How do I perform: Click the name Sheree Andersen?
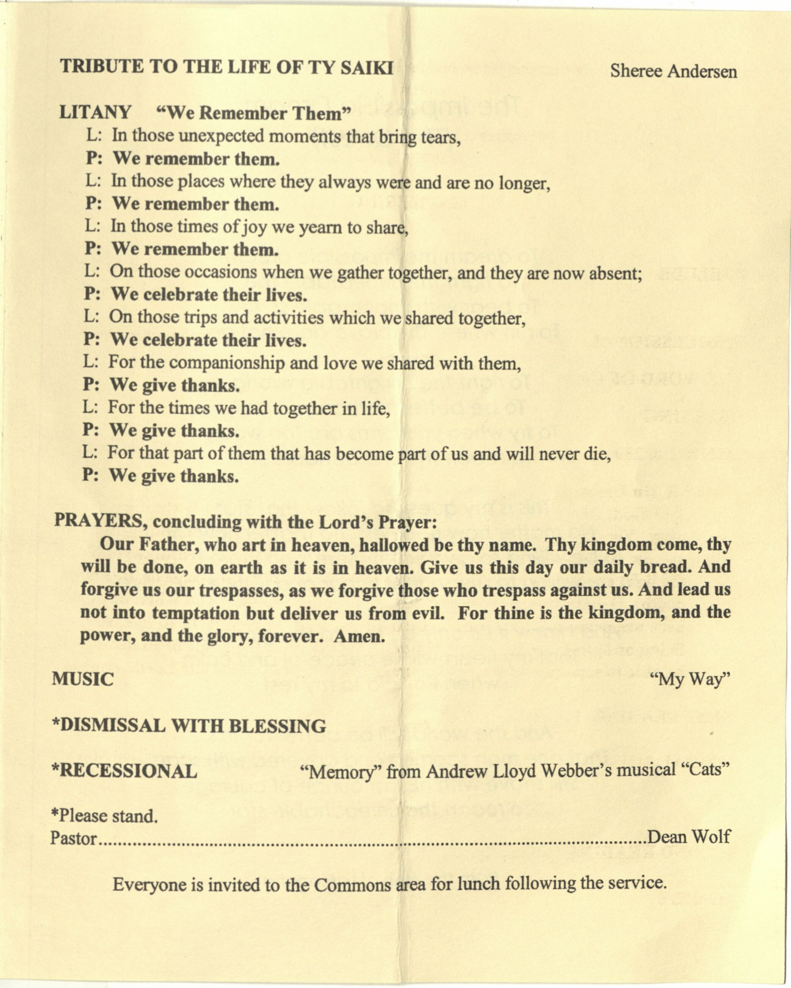click(x=673, y=72)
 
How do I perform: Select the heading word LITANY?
click(x=95, y=112)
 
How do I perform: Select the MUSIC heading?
click(x=83, y=679)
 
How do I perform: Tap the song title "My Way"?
click(x=694, y=679)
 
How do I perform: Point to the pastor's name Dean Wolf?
click(x=688, y=837)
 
